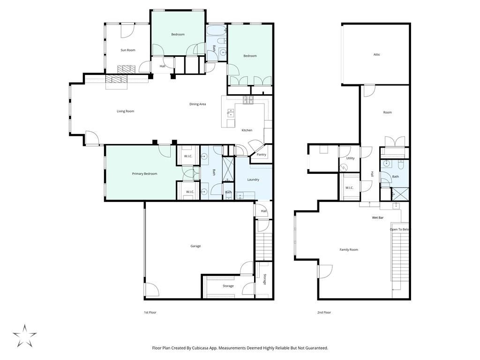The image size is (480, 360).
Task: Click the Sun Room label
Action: tap(127, 50)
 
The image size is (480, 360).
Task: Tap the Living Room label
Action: tap(126, 112)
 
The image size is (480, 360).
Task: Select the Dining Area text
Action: tap(197, 105)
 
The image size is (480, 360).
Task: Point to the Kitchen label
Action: tap(247, 130)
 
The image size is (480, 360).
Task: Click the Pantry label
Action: tap(261, 155)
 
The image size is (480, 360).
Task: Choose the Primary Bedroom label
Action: tap(144, 174)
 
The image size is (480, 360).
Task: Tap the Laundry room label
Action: tap(253, 180)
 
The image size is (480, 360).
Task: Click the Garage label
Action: tap(195, 246)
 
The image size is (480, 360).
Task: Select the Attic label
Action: tap(376, 55)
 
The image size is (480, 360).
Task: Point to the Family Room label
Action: tap(349, 250)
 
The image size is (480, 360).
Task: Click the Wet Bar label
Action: tap(377, 217)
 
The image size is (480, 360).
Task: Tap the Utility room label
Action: tap(350, 158)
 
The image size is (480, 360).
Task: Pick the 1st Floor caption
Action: tap(150, 313)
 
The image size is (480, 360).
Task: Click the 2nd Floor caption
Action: tap(324, 313)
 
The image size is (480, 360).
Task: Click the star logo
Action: tap(24, 336)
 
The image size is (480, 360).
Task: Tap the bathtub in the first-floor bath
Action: tap(216, 30)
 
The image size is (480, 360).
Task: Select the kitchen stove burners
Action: tap(248, 100)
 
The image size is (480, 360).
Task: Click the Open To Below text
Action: tap(399, 230)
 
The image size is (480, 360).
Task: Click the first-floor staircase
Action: tap(263, 247)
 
